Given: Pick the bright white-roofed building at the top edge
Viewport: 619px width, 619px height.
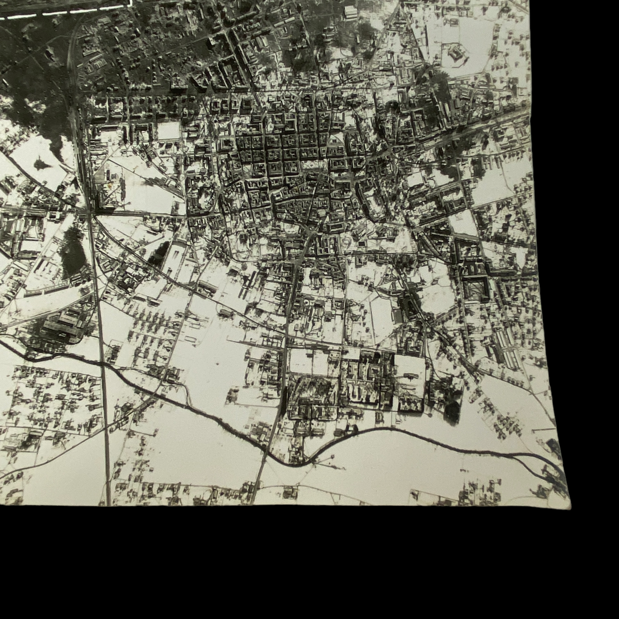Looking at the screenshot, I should point(350,12).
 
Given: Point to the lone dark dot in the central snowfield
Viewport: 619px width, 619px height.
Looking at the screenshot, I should point(218,364).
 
